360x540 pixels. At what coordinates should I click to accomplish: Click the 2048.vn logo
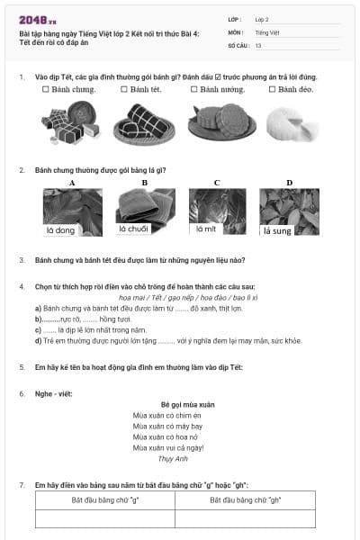(x=39, y=19)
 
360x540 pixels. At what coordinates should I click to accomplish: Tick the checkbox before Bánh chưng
(x=45, y=90)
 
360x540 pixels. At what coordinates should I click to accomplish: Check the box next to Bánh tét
(x=123, y=90)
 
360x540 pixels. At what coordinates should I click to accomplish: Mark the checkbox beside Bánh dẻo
(x=271, y=90)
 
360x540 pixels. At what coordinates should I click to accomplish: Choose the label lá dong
(x=60, y=230)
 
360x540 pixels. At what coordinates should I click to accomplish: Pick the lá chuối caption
(x=134, y=229)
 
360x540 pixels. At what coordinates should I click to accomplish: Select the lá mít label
(x=207, y=229)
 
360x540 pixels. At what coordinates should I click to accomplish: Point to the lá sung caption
(x=277, y=231)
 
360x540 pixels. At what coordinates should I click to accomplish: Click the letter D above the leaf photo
(x=289, y=183)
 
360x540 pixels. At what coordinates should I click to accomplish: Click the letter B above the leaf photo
(x=145, y=183)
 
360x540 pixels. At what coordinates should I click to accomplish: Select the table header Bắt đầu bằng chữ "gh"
(x=246, y=499)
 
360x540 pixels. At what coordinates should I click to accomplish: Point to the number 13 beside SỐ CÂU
(x=258, y=44)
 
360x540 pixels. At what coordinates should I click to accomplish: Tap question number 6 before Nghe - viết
(x=22, y=393)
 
